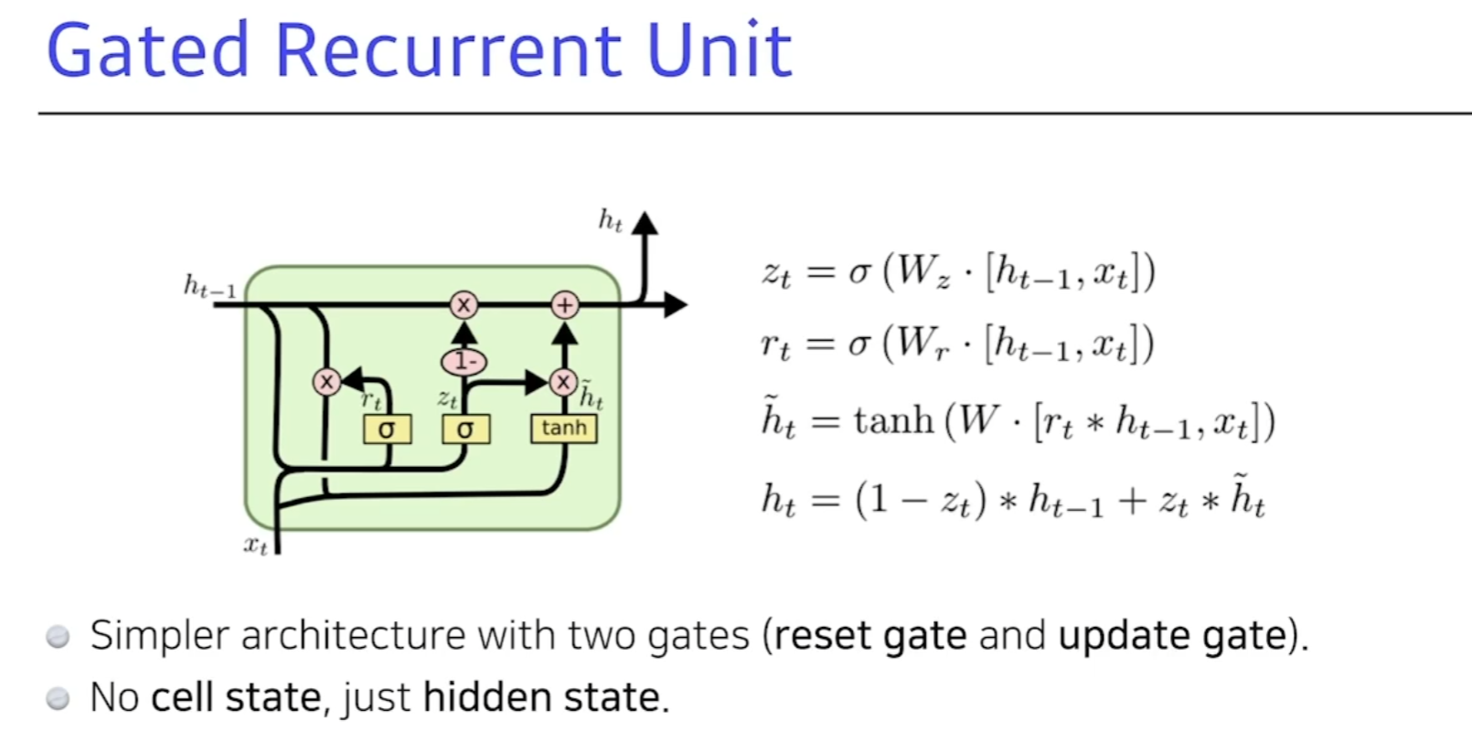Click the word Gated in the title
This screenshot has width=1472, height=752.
pos(147,51)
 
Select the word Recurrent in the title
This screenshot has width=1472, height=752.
pos(446,51)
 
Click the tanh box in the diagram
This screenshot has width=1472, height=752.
pos(563,429)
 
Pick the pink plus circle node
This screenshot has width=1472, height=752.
pos(565,305)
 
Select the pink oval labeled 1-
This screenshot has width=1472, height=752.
pos(464,362)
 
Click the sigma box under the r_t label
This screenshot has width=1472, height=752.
pos(387,429)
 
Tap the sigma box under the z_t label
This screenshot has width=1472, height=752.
pos(465,429)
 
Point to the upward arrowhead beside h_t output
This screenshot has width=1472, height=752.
pos(645,224)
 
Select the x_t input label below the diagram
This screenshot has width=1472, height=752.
pos(255,545)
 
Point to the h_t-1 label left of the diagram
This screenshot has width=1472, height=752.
pos(209,287)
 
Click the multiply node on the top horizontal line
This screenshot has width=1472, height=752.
pos(464,305)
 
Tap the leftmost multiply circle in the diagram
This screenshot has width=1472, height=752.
pos(326,382)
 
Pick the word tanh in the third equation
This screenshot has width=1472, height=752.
pos(893,421)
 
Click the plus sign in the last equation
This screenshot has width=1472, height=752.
pos(1131,501)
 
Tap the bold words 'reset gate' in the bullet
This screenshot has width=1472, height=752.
pos(869,635)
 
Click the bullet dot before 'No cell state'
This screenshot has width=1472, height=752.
pos(58,699)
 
